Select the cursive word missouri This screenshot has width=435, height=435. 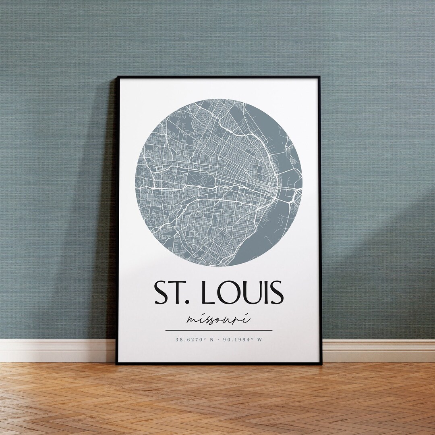pyautogui.click(x=219, y=320)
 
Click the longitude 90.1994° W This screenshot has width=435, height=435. pyautogui.click(x=243, y=339)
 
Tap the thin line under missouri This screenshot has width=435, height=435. pyautogui.click(x=219, y=330)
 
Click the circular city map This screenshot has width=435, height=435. pyautogui.click(x=219, y=183)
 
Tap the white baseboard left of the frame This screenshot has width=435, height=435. pyautogui.click(x=56, y=350)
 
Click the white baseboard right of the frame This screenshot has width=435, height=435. pyautogui.click(x=379, y=350)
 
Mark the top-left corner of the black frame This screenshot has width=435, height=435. pyautogui.click(x=117, y=77)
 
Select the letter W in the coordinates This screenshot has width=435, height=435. pyautogui.click(x=260, y=339)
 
